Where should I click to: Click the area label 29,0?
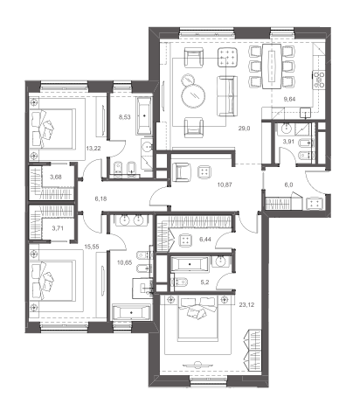coord(244,128)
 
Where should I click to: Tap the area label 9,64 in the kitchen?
coord(289,99)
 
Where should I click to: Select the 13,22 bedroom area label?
coord(93,149)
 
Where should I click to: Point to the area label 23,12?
coord(246,305)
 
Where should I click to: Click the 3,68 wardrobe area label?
coord(56,177)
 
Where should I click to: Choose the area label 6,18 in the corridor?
coord(100,199)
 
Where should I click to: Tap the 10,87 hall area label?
coord(225,185)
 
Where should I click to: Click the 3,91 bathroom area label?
coord(289,143)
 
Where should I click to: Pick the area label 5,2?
coord(205,282)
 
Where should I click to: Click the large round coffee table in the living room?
coord(193,94)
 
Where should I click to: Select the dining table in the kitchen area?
coord(272,66)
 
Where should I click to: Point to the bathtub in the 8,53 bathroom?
coord(144,115)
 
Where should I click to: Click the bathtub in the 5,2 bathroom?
coord(190,264)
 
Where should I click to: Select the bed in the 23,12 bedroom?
coord(197,318)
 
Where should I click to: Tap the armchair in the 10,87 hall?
coord(182,171)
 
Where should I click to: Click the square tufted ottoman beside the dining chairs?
coord(227,58)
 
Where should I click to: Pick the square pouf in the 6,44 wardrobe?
coord(185,240)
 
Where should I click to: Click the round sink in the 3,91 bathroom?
coord(287,127)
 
